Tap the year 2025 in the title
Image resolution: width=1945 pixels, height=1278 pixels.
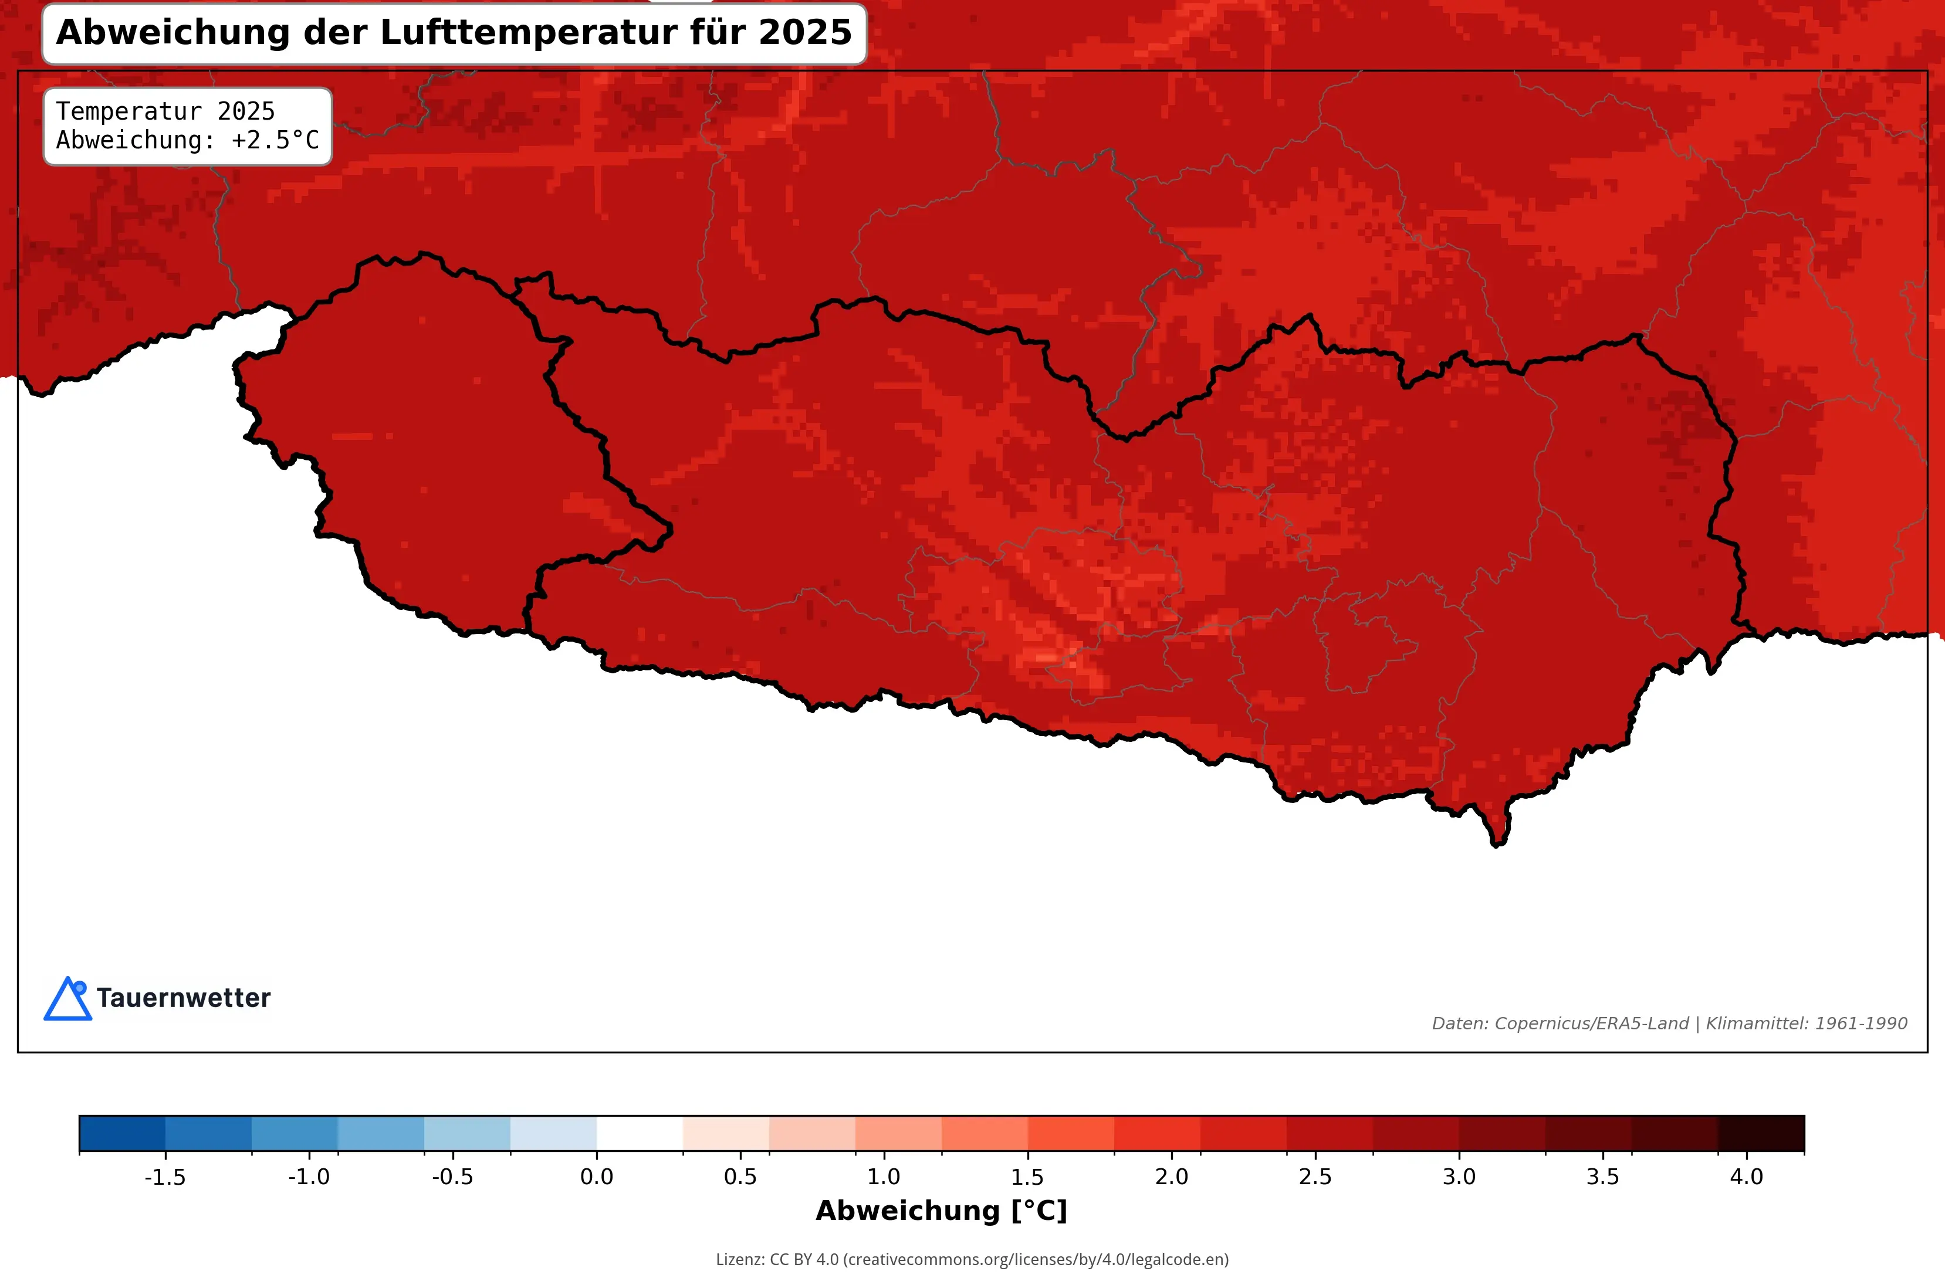[805, 33]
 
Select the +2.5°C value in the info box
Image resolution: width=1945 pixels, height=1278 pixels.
[275, 141]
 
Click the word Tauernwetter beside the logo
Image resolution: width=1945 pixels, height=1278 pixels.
[183, 998]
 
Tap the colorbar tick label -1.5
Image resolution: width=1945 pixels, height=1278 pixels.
[164, 1177]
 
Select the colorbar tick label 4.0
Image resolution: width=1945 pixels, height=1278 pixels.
[1747, 1177]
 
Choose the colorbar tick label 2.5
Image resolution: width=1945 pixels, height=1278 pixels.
[1315, 1177]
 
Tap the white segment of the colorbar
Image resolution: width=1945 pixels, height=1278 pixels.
[639, 1133]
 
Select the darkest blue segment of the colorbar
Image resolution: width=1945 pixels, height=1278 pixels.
[122, 1133]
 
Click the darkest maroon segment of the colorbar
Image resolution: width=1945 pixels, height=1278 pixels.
[1761, 1133]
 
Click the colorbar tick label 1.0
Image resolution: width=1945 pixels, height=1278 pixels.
[884, 1177]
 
